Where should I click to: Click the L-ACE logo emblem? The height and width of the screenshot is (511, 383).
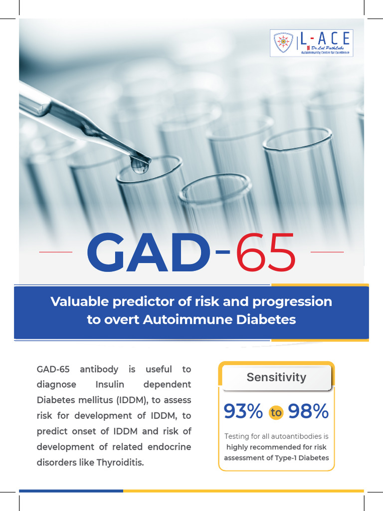pos(283,43)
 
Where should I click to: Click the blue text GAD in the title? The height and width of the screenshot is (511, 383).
pos(148,255)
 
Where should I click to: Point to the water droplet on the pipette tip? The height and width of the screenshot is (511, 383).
pos(140,165)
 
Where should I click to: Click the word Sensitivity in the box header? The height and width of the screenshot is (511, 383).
pos(276,377)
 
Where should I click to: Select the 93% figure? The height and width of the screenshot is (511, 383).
pos(243,412)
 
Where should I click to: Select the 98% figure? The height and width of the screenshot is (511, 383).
pos(308,412)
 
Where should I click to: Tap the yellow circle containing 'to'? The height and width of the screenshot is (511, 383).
pos(276,412)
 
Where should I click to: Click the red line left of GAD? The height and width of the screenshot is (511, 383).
pos(56,253)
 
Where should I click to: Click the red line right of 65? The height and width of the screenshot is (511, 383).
pos(327,253)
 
